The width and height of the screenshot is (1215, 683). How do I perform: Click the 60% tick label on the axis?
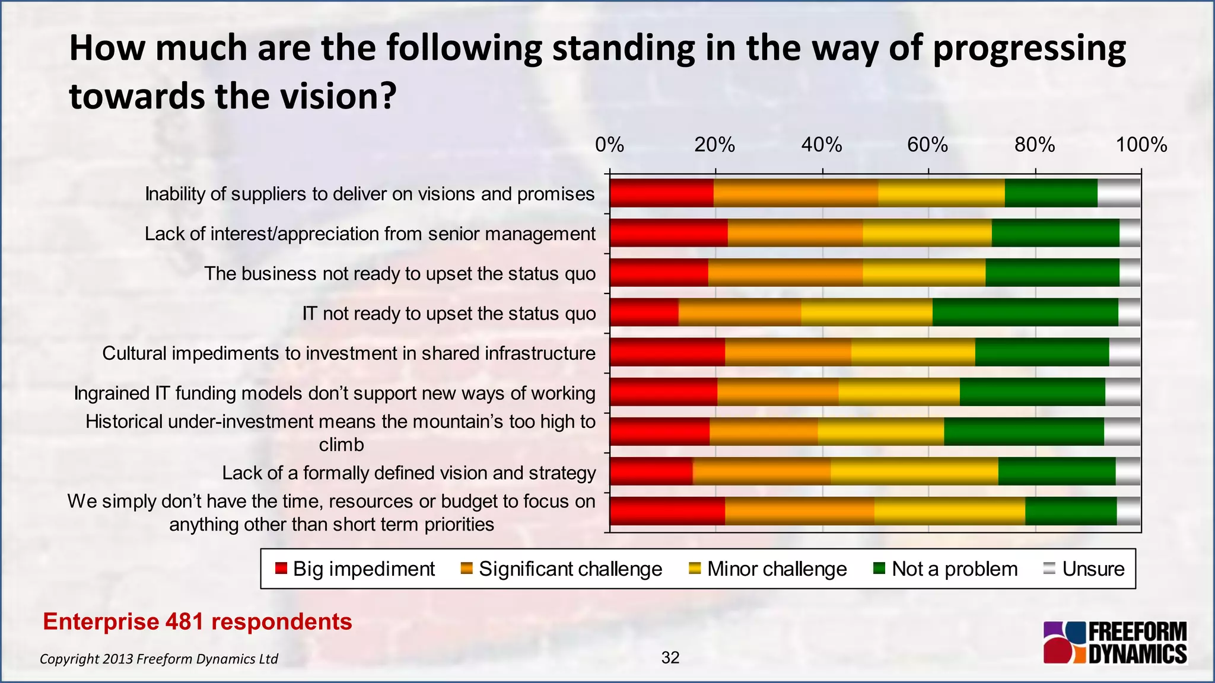[x=927, y=145]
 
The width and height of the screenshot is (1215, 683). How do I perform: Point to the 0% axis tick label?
[x=609, y=145]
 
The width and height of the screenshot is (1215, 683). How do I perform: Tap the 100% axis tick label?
[x=1141, y=145]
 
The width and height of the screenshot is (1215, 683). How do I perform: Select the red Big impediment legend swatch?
[x=281, y=569]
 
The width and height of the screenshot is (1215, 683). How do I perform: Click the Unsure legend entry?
[x=1083, y=569]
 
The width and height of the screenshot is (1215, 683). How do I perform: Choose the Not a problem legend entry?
[x=946, y=569]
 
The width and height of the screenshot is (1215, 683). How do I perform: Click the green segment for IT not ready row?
[x=1025, y=312]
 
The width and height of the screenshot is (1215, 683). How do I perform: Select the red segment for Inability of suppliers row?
[x=661, y=193]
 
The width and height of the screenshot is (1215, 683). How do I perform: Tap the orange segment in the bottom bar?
[x=799, y=511]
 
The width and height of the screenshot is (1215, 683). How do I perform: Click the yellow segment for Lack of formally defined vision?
[x=914, y=471]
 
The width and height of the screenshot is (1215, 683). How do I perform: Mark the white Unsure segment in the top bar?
[x=1118, y=193]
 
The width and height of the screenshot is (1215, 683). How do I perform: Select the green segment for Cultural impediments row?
[x=1041, y=352]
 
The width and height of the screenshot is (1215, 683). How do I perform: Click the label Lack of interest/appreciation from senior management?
[x=370, y=234]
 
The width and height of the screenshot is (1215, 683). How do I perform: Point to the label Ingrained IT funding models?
[x=334, y=393]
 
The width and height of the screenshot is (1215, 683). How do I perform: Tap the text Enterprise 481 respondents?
[x=198, y=621]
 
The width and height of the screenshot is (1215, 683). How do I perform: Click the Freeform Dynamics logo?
[x=1115, y=643]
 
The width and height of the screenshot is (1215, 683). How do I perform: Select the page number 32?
[x=670, y=657]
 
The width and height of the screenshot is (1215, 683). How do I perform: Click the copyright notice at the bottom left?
[x=158, y=659]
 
